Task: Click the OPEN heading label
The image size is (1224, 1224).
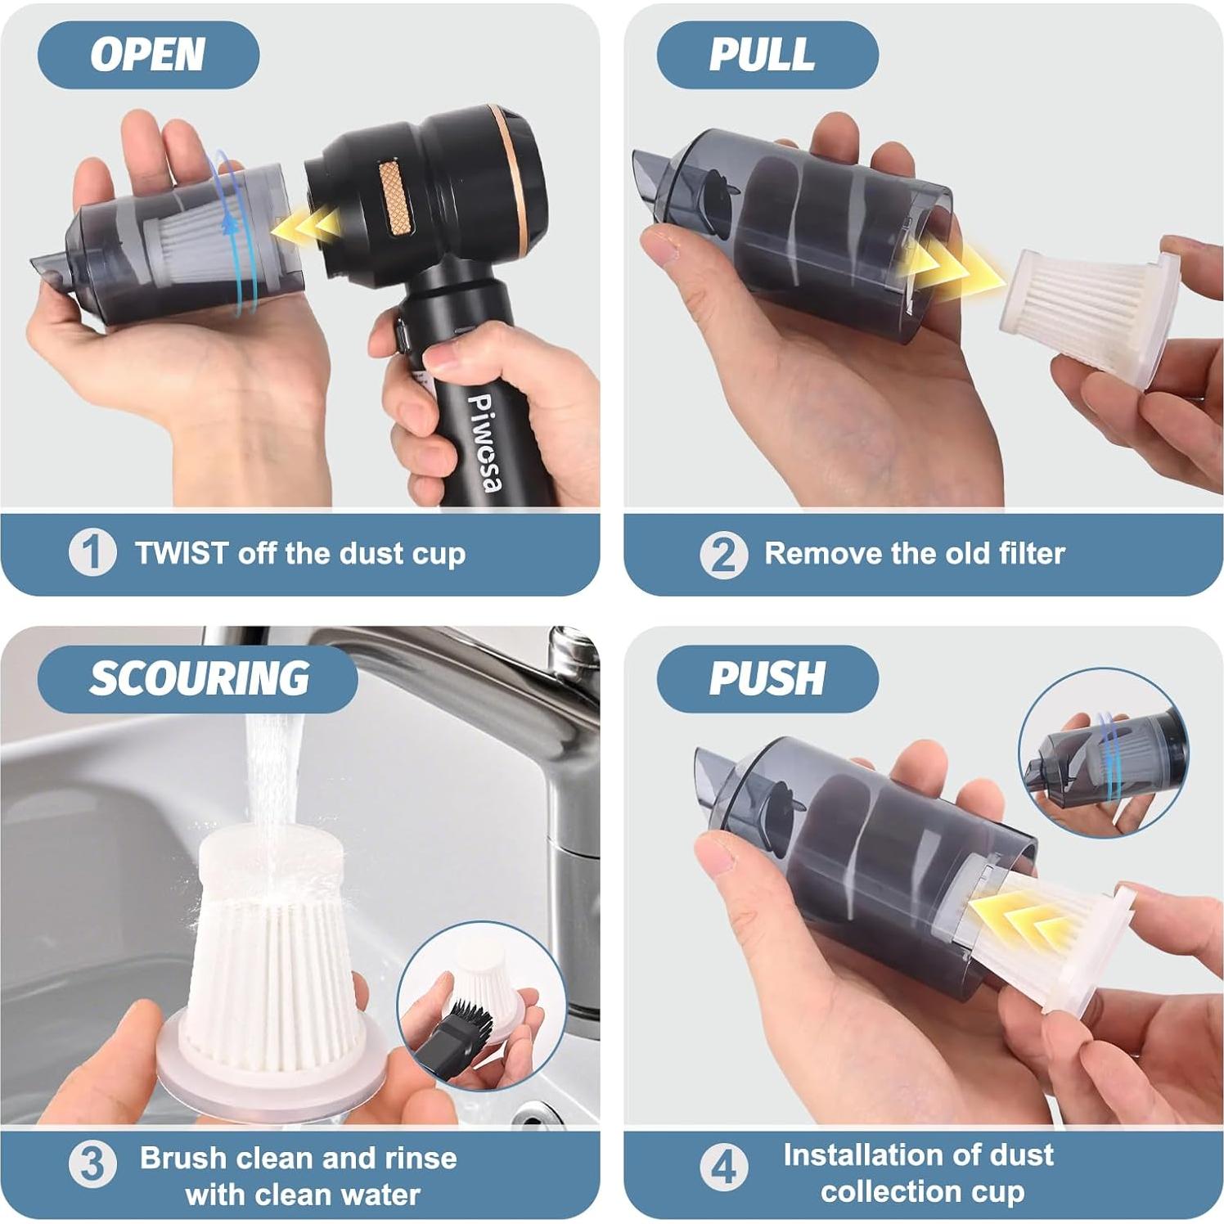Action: pyautogui.click(x=147, y=55)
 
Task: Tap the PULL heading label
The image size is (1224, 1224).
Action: pyautogui.click(x=762, y=55)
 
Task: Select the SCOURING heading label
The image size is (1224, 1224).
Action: pyautogui.click(x=199, y=678)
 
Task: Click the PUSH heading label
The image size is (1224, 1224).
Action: pyautogui.click(x=766, y=678)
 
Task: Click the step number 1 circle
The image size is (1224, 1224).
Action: pyautogui.click(x=92, y=552)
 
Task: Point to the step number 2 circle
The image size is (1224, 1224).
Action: pyautogui.click(x=723, y=554)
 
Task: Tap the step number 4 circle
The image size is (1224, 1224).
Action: pyautogui.click(x=723, y=1166)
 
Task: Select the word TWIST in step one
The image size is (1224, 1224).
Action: pyautogui.click(x=182, y=553)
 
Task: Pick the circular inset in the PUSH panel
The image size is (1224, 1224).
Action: pyautogui.click(x=1103, y=753)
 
